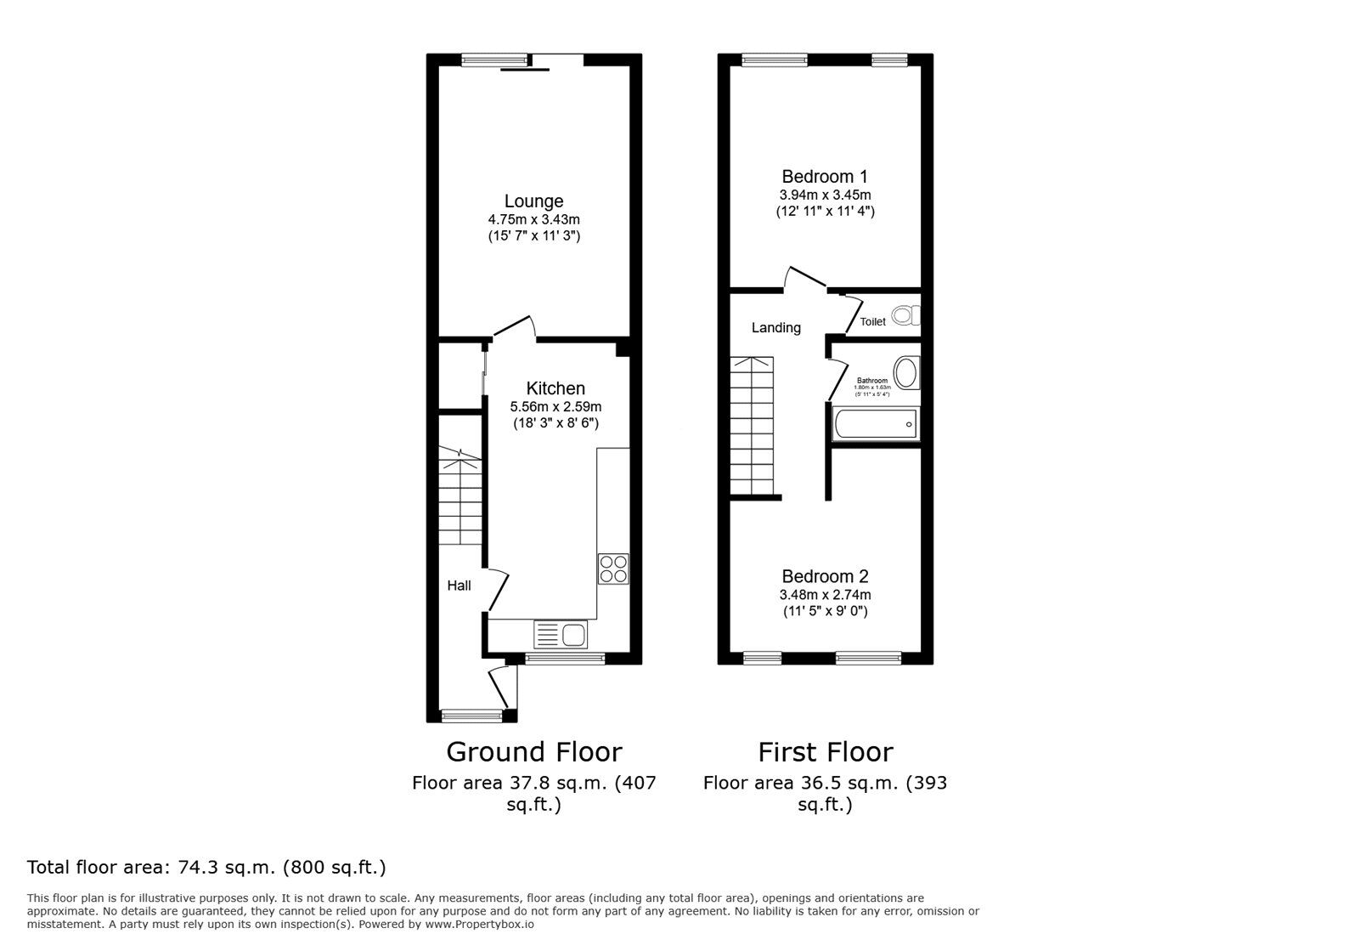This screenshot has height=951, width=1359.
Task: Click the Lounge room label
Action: click(x=533, y=201)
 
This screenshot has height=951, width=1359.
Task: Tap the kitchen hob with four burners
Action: click(x=613, y=568)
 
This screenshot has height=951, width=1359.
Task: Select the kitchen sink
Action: click(x=561, y=634)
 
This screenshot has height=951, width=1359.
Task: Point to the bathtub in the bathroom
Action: click(x=875, y=423)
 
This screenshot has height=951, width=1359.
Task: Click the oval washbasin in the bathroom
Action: click(x=906, y=373)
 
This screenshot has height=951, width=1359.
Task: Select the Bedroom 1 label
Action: click(x=825, y=177)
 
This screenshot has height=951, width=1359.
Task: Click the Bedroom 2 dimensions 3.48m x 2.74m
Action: click(x=825, y=595)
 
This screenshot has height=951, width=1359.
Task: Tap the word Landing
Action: click(x=775, y=327)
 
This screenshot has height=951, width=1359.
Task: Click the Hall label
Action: click(x=459, y=586)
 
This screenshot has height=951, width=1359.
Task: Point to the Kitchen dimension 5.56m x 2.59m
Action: click(x=555, y=406)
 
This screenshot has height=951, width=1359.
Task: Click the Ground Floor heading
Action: click(x=533, y=752)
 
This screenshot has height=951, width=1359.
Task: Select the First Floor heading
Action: click(x=825, y=752)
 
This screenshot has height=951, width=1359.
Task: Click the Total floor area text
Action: click(x=206, y=868)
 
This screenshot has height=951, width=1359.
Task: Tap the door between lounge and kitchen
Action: click(x=515, y=329)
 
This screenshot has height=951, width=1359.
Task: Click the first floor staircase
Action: click(x=752, y=425)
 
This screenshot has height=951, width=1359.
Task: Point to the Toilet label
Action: click(x=872, y=321)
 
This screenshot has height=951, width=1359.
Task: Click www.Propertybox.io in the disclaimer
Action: click(x=479, y=924)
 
